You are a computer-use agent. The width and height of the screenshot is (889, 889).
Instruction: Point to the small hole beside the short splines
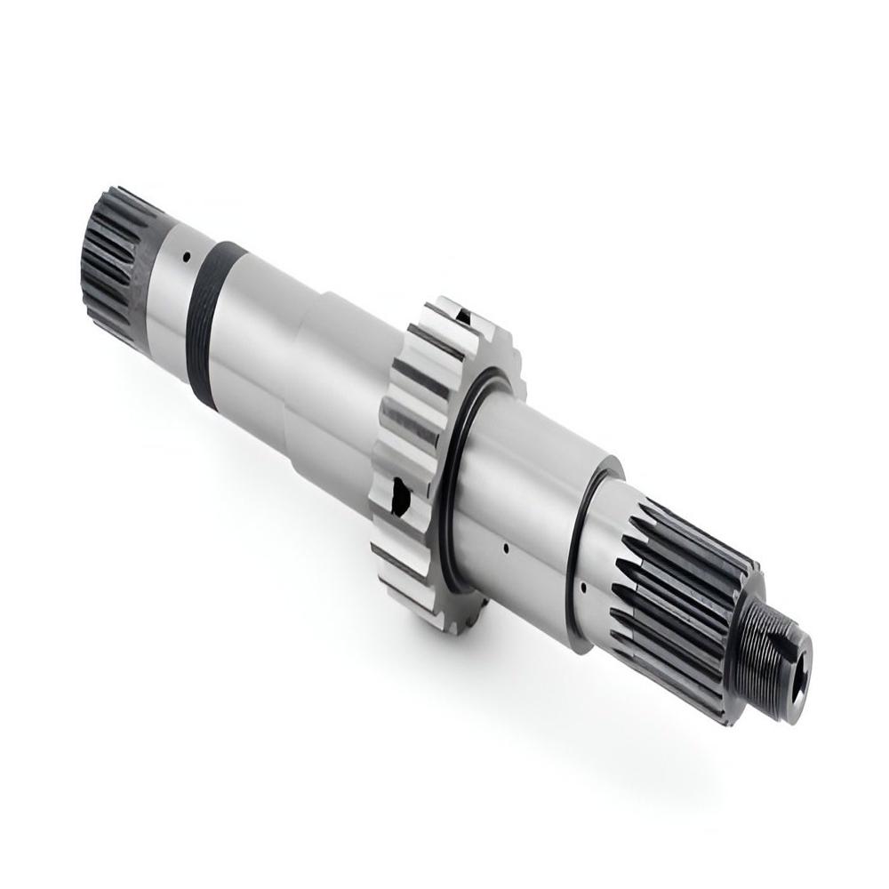[x=185, y=259]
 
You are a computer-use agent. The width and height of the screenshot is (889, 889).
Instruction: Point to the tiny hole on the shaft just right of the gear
[x=504, y=547]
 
